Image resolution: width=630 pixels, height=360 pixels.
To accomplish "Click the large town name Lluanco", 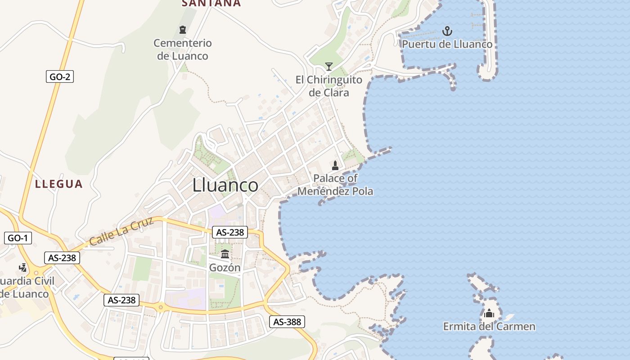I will pos(225,185).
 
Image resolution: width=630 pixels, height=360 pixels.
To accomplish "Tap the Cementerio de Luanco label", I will pos(183,49).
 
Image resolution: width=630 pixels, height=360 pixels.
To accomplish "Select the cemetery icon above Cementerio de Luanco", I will pos(183,30).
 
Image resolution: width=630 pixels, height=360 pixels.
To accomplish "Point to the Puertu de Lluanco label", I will pos(447,45).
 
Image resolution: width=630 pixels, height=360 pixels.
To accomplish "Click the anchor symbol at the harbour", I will pos(447,31).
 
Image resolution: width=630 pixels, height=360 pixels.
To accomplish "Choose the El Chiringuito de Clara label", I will pos(329,86).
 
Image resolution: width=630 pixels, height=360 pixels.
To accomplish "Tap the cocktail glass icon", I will pos(329,67).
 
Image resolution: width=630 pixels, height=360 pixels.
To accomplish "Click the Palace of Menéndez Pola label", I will pos(335,184).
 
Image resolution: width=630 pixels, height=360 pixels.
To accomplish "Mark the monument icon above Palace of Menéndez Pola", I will pos(335,165).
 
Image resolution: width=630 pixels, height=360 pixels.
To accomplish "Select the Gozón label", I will pos(225,268).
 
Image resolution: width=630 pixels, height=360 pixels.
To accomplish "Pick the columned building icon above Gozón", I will pos(225,254).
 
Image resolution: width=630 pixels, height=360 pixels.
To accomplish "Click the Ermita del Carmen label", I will pos(489,326).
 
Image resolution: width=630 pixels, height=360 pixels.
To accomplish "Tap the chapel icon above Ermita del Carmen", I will pos(489,313).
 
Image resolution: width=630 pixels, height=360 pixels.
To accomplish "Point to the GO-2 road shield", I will pos(60,76).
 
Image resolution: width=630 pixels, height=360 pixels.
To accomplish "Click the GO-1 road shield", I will pos(18,238).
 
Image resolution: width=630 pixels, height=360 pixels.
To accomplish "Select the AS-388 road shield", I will pos(288,322).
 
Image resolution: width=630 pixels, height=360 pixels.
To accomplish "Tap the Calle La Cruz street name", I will pos(121,231).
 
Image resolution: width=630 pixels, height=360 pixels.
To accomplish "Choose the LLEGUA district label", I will pos(59,184).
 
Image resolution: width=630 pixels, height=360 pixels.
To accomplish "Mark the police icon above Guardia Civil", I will pos(22,268).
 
